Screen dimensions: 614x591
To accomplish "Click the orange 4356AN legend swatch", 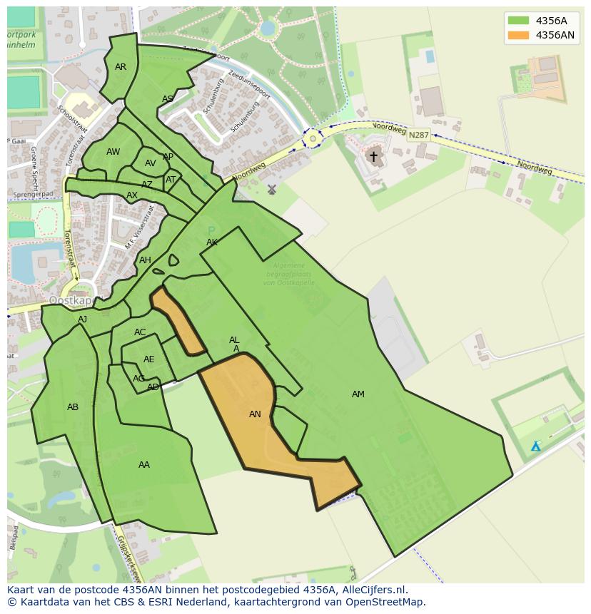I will point(519,35).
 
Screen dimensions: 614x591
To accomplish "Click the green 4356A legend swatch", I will point(519,20).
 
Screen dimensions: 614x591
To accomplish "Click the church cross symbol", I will point(373,156).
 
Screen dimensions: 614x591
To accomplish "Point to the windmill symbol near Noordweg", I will point(271,190).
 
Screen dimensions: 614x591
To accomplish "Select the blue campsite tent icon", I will point(535,446).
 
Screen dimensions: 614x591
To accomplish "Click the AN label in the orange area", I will point(255,414).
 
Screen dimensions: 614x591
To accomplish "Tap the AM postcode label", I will point(358,394).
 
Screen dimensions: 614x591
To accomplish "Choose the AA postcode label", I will point(144,465).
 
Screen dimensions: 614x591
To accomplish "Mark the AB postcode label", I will point(73,407).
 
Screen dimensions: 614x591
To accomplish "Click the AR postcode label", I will point(121,67).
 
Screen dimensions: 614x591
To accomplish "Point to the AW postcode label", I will point(113,152).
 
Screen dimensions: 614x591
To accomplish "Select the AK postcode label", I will point(212,242).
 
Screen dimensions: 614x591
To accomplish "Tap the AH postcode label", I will point(145,260).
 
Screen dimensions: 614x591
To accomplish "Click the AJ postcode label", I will point(83,319).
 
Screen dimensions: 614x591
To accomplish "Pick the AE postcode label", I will point(148,359).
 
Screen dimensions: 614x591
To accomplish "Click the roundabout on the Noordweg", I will point(312,138).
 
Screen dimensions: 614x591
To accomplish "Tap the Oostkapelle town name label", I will point(71,300).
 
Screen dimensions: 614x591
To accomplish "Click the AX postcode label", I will point(132,195).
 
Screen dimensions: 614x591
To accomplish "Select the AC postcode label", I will point(140,332).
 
